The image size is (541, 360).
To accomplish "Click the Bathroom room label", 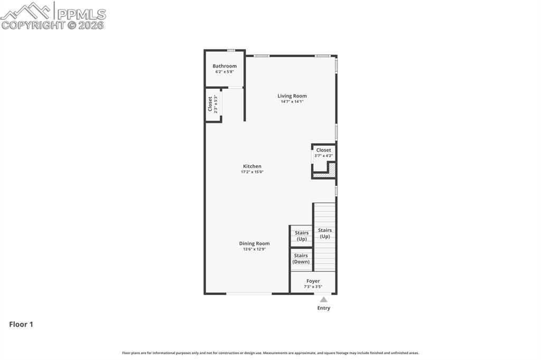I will [x=225, y=66].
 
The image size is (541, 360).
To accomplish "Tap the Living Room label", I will [x=292, y=96].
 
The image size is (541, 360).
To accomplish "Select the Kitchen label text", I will [x=252, y=166].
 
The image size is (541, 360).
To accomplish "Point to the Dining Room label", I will [x=254, y=243].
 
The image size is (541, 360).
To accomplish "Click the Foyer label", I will [x=313, y=281].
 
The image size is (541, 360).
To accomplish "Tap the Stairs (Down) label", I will [x=301, y=259].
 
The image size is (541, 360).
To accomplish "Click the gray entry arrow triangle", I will [x=323, y=299].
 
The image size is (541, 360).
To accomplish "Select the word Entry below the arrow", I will [x=323, y=308].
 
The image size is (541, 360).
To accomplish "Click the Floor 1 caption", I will [x=21, y=325].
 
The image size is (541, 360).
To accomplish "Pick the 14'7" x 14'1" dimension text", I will [x=292, y=101].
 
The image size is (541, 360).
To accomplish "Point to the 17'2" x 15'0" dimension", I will [x=252, y=172].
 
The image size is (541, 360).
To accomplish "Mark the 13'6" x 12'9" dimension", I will [x=254, y=249].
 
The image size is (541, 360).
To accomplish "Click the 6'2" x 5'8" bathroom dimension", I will [x=225, y=72].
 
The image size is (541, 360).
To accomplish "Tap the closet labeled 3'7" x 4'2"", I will [x=324, y=153].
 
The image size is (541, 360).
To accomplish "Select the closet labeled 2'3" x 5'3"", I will [x=212, y=104].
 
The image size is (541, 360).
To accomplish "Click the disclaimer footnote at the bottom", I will [x=270, y=353].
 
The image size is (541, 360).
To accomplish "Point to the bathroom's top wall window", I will [x=231, y=51].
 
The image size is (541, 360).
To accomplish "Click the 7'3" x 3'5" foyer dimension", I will [x=313, y=287].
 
